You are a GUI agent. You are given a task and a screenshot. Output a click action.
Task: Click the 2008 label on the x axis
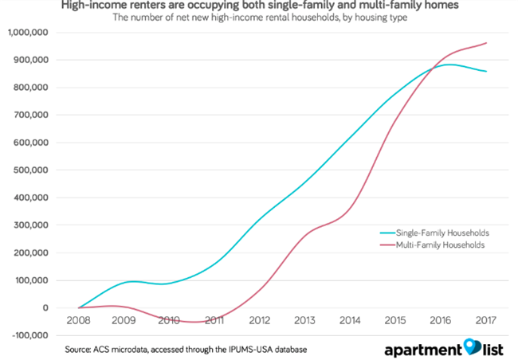click(x=77, y=321)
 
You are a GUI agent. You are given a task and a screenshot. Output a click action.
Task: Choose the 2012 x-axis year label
click(x=260, y=321)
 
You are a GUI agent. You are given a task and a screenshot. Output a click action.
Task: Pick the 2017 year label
click(x=487, y=321)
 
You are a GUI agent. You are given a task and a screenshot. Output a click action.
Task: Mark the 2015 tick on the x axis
click(x=396, y=321)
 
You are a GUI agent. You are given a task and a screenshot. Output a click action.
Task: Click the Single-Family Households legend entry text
click(x=445, y=233)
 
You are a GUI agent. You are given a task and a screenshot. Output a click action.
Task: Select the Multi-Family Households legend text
click(x=443, y=245)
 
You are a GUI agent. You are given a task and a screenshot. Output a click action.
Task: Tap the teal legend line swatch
click(x=387, y=233)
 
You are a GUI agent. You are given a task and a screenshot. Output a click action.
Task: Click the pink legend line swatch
click(x=387, y=245)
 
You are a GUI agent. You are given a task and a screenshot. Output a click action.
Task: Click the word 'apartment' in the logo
click(x=422, y=349)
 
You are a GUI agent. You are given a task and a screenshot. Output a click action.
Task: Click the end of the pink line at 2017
click(x=486, y=43)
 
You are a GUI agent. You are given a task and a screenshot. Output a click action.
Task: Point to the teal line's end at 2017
click(x=486, y=72)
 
